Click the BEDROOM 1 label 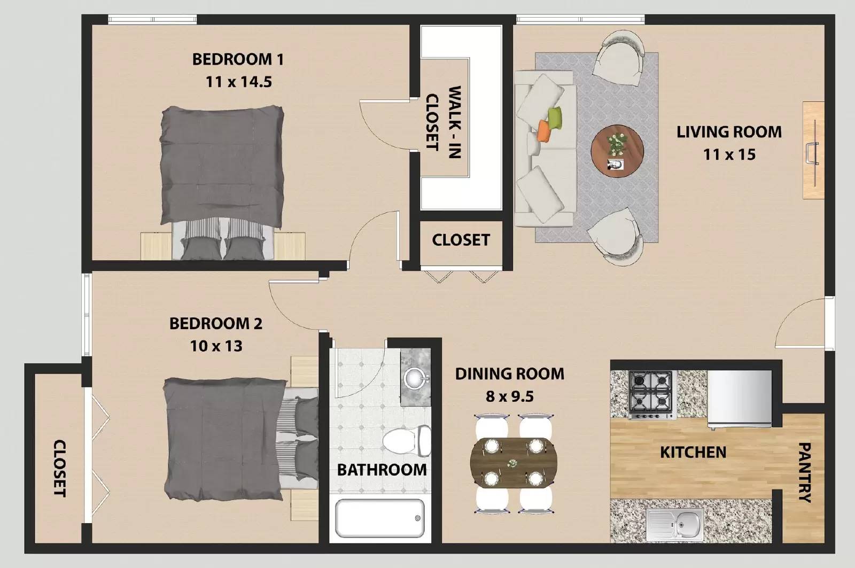238,59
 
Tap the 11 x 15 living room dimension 729,154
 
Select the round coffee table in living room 617,151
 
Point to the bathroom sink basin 415,379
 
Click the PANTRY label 804,472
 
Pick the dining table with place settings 511,463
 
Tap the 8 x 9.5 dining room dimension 509,396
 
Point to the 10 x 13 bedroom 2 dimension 216,346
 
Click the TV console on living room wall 813,150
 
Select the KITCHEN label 693,452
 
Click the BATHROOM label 382,470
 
